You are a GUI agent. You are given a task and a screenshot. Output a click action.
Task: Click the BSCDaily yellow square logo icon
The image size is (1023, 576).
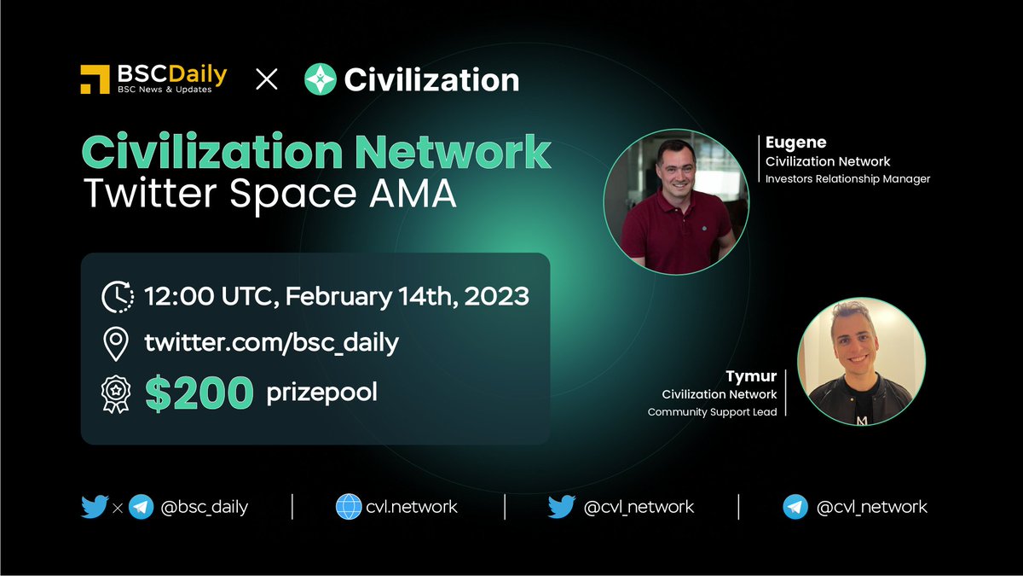pos(96,79)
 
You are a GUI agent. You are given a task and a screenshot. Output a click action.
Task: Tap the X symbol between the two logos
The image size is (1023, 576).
pos(267,80)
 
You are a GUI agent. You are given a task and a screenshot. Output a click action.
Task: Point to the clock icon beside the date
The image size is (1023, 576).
pos(117,296)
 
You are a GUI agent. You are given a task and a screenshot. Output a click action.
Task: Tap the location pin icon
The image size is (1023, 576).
pos(116,344)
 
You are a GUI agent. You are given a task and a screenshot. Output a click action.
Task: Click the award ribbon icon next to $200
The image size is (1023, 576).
pos(116,393)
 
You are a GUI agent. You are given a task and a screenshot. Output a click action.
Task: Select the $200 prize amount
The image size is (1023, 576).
pos(199,393)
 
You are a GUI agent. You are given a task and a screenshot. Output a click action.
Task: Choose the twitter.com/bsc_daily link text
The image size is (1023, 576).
pos(272,344)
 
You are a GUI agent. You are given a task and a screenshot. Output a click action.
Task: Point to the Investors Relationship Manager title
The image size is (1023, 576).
pos(847,179)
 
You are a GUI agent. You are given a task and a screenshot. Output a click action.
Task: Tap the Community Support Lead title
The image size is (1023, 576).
pos(712,412)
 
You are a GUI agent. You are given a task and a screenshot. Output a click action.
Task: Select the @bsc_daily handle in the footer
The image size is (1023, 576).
pos(203,507)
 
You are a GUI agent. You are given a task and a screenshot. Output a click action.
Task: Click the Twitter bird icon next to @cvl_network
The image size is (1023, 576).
pos(561,507)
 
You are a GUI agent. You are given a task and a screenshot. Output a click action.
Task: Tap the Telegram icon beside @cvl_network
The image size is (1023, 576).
pos(795,507)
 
